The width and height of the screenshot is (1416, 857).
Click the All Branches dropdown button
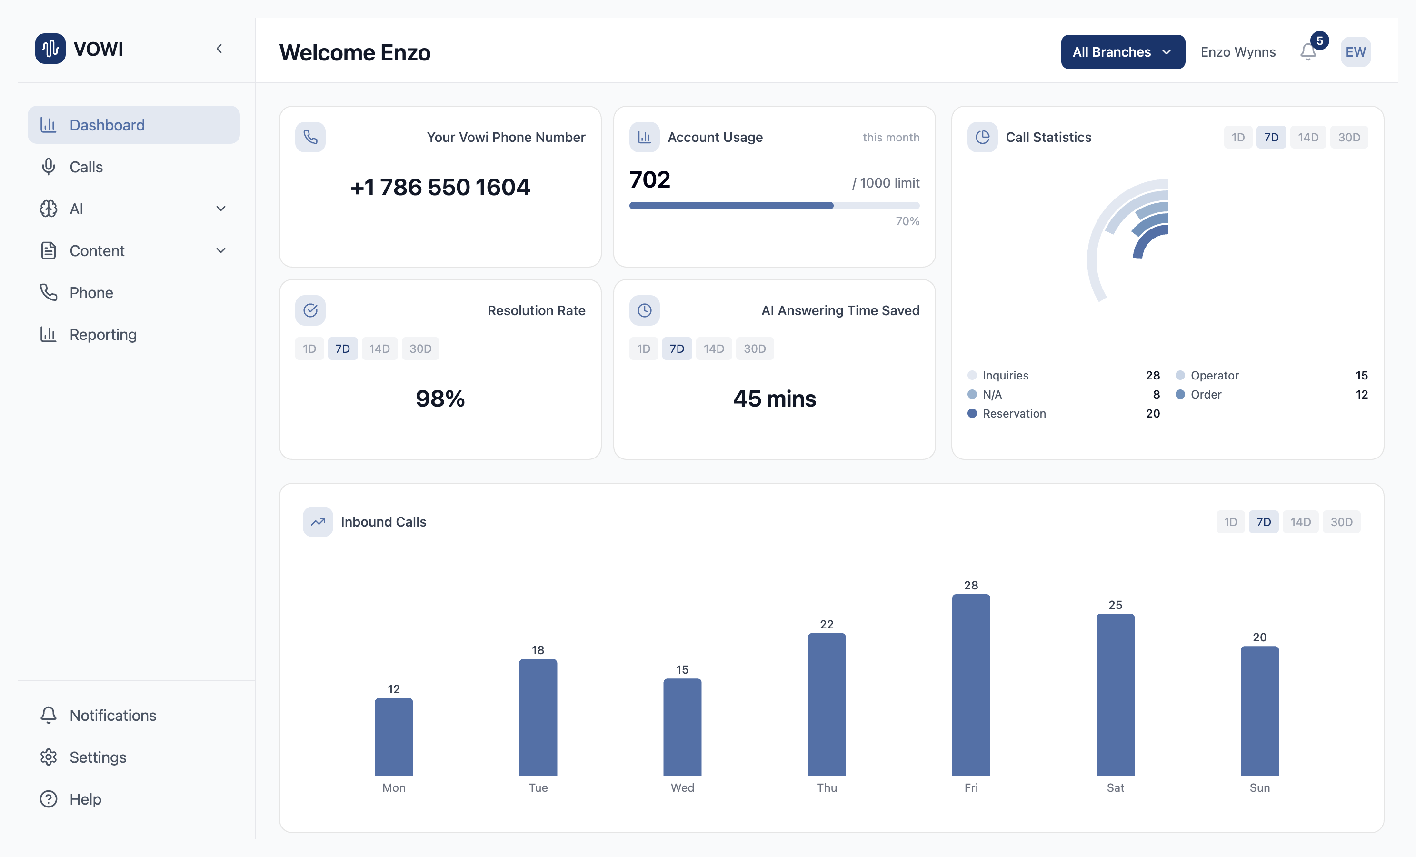pyautogui.click(x=1122, y=52)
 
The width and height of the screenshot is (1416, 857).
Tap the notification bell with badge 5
pyautogui.click(x=1308, y=52)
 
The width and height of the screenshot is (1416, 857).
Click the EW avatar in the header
pyautogui.click(x=1355, y=52)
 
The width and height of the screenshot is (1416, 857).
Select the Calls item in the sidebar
pyautogui.click(x=86, y=167)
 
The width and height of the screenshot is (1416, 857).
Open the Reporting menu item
pyautogui.click(x=103, y=335)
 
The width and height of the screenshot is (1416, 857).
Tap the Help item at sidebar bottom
pyautogui.click(x=85, y=799)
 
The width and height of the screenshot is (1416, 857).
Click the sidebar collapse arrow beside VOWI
pyautogui.click(x=219, y=49)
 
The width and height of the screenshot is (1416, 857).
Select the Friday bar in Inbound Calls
pyautogui.click(x=971, y=684)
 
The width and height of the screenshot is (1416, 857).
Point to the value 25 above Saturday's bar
pyautogui.click(x=1115, y=605)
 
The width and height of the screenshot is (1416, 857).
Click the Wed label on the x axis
pyautogui.click(x=682, y=787)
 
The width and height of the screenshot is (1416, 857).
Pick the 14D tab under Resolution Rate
pyautogui.click(x=379, y=349)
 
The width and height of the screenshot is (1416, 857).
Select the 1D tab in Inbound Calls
pyautogui.click(x=1230, y=522)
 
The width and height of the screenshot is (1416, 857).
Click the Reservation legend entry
pyautogui.click(x=1014, y=413)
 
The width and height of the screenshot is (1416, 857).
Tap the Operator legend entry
pyautogui.click(x=1214, y=375)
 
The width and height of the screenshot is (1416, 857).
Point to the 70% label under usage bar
pyautogui.click(x=907, y=221)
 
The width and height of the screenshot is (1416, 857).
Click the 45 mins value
pyautogui.click(x=774, y=399)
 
